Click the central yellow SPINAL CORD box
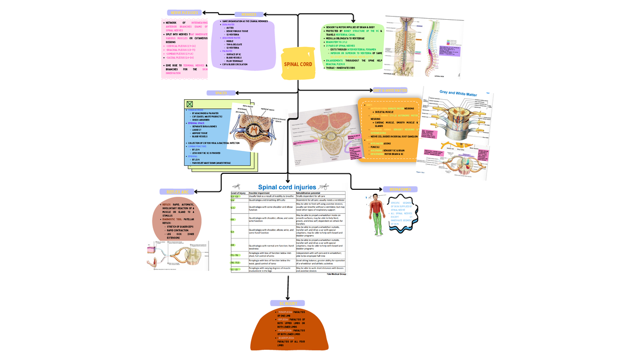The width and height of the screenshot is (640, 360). coord(298,65)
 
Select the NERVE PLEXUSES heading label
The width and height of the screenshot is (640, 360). coord(183,13)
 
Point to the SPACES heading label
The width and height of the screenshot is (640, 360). coord(221,93)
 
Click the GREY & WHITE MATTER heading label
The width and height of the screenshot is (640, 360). coord(390,91)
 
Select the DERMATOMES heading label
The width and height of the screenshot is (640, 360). coord(400,189)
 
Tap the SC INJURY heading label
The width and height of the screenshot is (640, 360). coord(288,303)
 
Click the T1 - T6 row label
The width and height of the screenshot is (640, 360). coord(235,255)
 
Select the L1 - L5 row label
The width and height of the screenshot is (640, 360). coord(235,270)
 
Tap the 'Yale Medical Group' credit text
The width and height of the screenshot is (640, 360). coord(336,274)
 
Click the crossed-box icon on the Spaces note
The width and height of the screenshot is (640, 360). coord(189,104)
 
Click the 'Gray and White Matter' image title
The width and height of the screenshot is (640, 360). coord(458,94)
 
